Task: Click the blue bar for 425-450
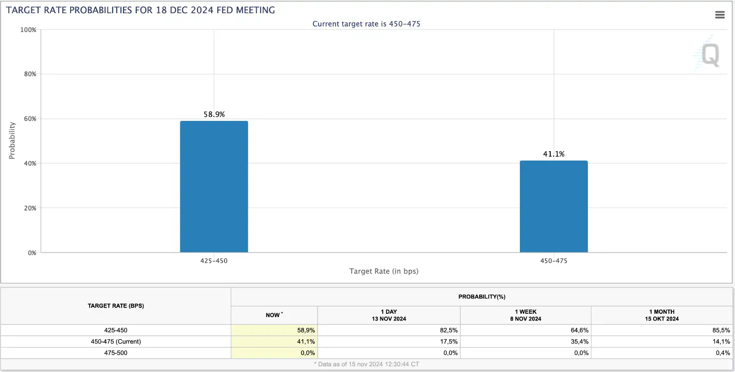tap(214, 186)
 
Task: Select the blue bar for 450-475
tap(554, 207)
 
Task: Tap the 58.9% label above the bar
tap(214, 115)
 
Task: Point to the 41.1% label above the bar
tap(554, 154)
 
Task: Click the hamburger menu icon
tap(720, 15)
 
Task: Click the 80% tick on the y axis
tap(30, 74)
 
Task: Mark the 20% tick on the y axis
tap(30, 208)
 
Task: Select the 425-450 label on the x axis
tap(214, 261)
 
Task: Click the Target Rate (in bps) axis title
tap(384, 271)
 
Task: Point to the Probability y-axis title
tap(12, 140)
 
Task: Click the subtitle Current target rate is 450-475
tap(366, 24)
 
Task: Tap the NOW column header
tap(274, 315)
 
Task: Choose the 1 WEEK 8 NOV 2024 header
tap(526, 315)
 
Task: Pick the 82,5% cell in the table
tap(448, 330)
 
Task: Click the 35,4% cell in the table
tap(580, 342)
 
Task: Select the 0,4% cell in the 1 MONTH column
tap(723, 353)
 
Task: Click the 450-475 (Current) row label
tap(116, 342)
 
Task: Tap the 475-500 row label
tap(116, 353)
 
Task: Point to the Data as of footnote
tap(367, 364)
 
